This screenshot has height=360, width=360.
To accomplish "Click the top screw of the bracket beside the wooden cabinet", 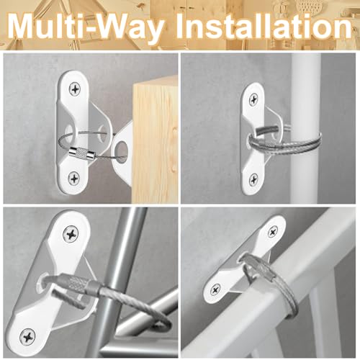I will (x=76, y=88).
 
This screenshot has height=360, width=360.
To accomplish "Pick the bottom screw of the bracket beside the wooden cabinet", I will (x=76, y=176).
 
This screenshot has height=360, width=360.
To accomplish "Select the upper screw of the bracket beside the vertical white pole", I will (x=253, y=95).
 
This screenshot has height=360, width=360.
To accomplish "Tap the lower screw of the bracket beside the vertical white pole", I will (x=253, y=179).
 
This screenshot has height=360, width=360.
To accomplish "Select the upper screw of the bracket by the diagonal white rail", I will (x=272, y=232).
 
